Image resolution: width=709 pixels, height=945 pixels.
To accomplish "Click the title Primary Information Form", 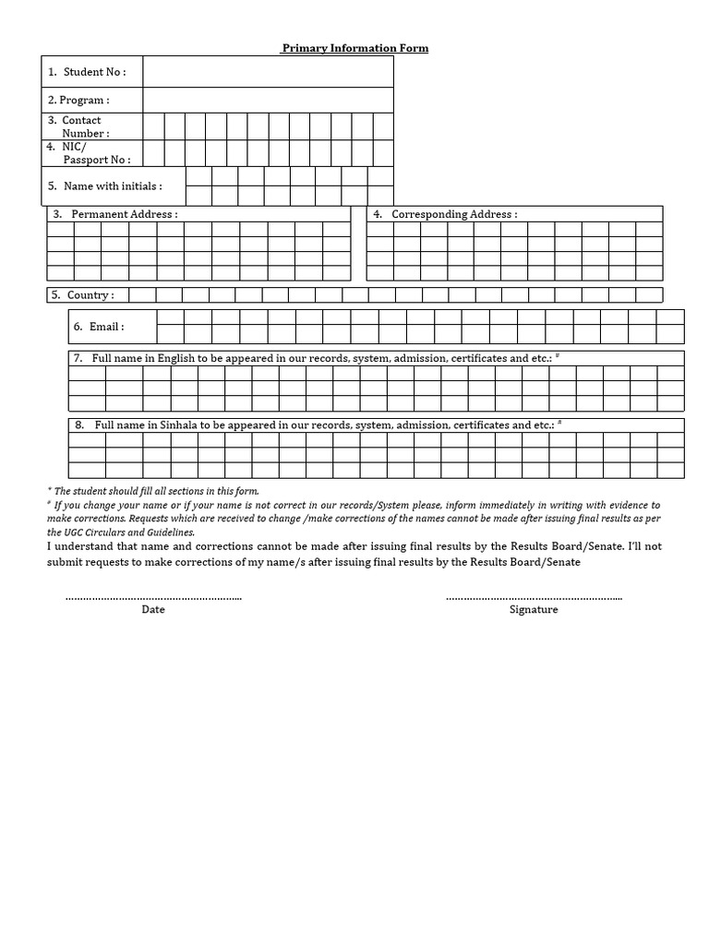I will [x=354, y=48].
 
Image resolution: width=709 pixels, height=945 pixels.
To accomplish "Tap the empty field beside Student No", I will [x=268, y=71].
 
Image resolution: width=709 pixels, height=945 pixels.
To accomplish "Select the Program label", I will [x=78, y=100].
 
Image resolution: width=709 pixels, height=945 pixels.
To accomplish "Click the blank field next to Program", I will [x=268, y=100].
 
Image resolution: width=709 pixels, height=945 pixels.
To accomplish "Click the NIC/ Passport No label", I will [x=90, y=153].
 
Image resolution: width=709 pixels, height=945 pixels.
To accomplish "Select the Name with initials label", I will [x=105, y=185].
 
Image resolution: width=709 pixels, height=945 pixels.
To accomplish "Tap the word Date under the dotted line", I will [x=153, y=610].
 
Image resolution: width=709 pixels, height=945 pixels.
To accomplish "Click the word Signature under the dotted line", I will [x=534, y=610].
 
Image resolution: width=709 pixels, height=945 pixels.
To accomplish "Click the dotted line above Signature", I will [x=534, y=598].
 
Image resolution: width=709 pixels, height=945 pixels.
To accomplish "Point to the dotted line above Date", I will [x=153, y=598].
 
